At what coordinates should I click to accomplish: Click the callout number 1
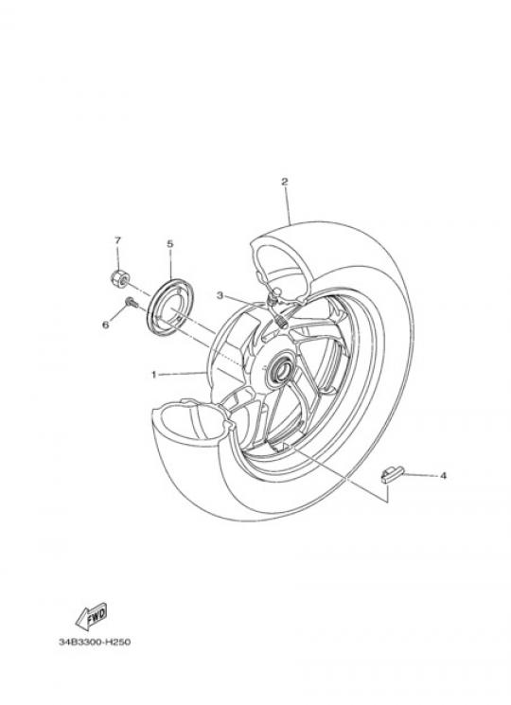pos(153,374)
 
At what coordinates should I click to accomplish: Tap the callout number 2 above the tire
pos(284,182)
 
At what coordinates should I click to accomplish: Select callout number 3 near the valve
pos(220,295)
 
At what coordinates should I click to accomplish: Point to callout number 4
pos(443,475)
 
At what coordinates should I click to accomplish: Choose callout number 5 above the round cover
pos(170,244)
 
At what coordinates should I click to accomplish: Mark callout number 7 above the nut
pos(117,240)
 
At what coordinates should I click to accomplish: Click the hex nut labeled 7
pos(118,278)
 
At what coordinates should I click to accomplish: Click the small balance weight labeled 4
pos(393,475)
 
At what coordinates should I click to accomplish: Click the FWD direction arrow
pos(91,615)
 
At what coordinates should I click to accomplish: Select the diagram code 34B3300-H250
pos(95,642)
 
